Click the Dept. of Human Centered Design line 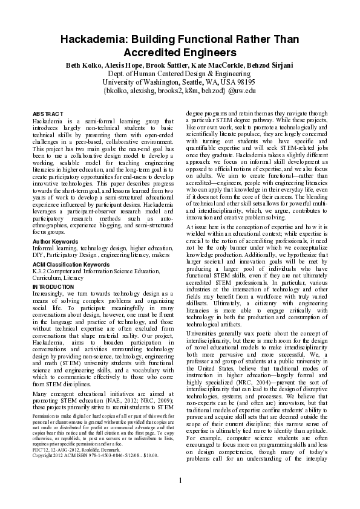[180, 73]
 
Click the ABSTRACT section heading [47, 114]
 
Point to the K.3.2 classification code [40, 271]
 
